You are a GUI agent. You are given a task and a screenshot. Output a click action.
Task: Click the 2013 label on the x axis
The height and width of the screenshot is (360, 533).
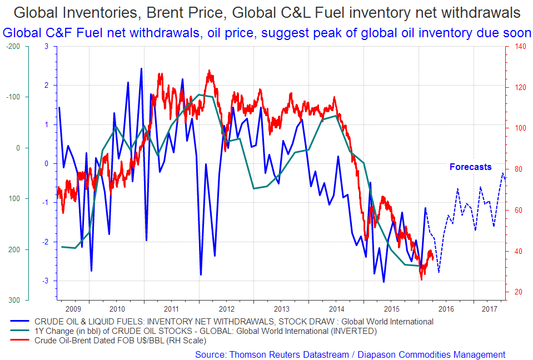[282, 308]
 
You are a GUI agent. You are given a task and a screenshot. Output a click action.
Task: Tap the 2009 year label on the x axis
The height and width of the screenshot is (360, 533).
[73, 308]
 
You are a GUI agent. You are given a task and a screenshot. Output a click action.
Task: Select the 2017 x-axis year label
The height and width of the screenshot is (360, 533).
[489, 308]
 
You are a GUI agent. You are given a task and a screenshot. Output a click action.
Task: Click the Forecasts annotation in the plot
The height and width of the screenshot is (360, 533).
[470, 167]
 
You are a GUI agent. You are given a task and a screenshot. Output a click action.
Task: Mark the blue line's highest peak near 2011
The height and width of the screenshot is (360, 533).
[141, 68]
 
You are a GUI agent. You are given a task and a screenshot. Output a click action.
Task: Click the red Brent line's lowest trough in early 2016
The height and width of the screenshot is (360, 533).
[421, 279]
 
